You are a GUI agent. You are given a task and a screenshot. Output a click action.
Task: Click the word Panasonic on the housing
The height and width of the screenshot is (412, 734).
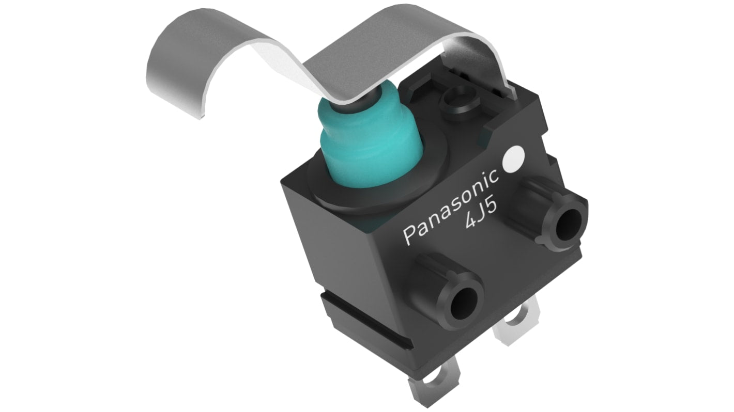(x=451, y=206)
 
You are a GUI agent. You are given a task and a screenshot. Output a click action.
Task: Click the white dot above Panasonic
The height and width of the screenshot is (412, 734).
(x=513, y=160)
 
